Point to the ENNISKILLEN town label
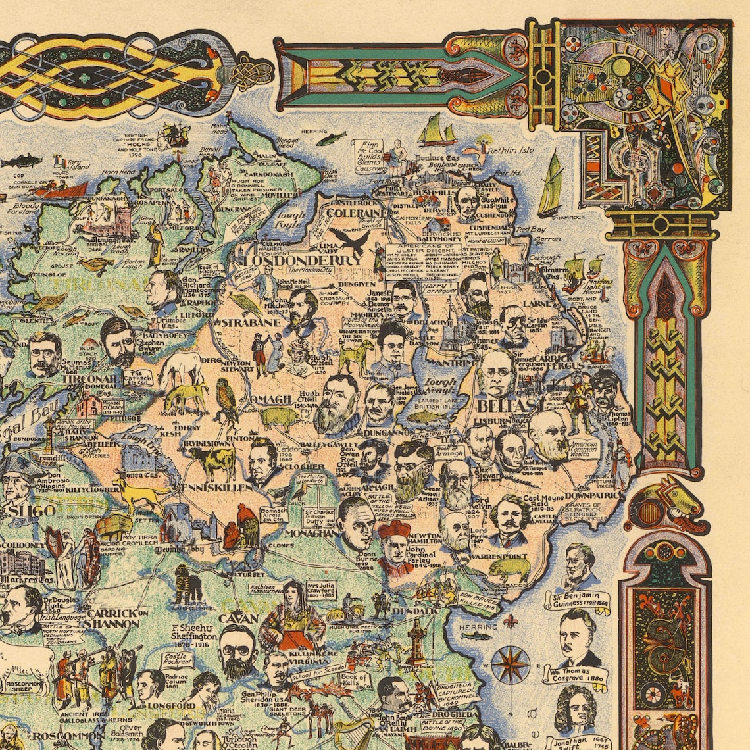coord(209,488)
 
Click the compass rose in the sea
coord(511,663)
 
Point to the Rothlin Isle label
coord(511,150)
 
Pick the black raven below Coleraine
coord(349,241)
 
